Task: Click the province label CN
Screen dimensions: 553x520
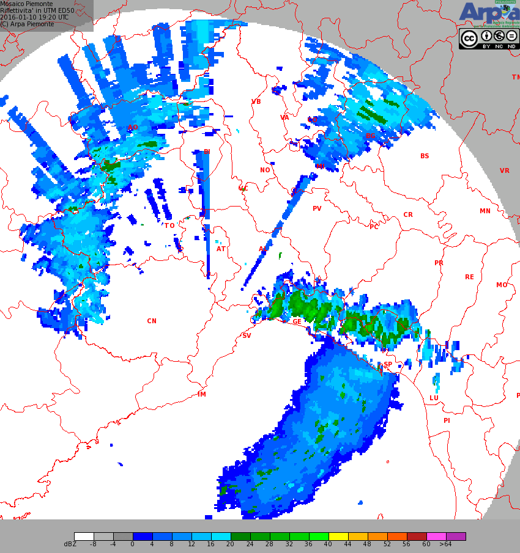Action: coord(152,321)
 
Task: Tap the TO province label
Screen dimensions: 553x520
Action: coord(169,226)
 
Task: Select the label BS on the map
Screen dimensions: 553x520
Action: coord(425,156)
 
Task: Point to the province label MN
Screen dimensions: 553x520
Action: coord(485,211)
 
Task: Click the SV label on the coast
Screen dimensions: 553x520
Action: coord(247,336)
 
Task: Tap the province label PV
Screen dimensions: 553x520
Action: coord(317,209)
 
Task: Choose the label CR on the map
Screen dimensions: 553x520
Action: coord(408,215)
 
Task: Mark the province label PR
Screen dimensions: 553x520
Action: coord(439,263)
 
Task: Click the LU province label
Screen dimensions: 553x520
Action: coord(434,398)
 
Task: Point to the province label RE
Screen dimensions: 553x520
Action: coord(469,277)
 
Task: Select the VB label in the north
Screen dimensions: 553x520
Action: coord(256,102)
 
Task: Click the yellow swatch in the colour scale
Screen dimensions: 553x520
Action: coord(338,537)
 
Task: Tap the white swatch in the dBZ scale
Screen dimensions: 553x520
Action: coord(84,537)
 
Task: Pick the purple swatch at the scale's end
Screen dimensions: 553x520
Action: coord(456,537)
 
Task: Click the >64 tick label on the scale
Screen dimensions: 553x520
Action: coord(445,544)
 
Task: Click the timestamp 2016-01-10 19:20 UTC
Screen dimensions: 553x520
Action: coord(34,18)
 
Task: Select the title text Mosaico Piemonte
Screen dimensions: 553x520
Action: coord(26,4)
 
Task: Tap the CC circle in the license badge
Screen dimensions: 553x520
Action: coord(469,38)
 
